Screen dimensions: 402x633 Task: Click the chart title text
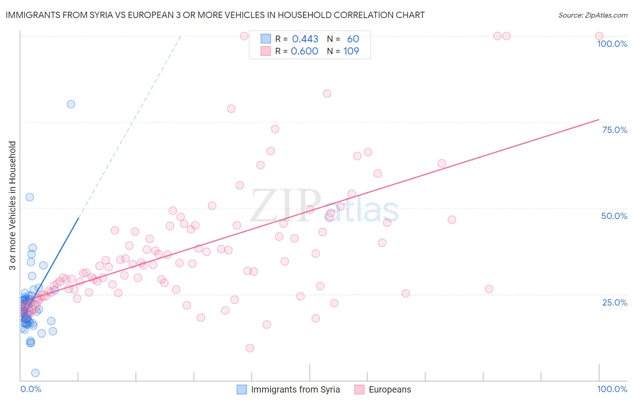[x=215, y=15]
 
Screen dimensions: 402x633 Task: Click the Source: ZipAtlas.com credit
[x=592, y=15]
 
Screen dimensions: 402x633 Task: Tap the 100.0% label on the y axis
[x=612, y=44]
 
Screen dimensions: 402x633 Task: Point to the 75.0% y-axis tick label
[x=615, y=130]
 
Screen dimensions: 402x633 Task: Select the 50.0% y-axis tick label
[x=614, y=216]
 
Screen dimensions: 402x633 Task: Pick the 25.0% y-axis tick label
[x=615, y=302]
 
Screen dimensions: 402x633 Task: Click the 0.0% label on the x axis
[x=31, y=389]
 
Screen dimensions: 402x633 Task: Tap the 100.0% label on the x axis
[x=612, y=389]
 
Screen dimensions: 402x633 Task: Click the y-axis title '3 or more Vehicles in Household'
[x=12, y=206]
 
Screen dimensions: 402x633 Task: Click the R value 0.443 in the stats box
[x=305, y=39]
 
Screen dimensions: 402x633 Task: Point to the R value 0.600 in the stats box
[x=304, y=51]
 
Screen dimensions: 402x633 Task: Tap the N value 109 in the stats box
[x=351, y=51]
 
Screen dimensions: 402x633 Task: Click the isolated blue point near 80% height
[x=71, y=104]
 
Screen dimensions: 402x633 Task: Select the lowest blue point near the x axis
[x=35, y=373]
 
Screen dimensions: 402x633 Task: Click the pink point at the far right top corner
[x=599, y=36]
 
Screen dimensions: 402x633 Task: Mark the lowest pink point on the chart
[x=250, y=348]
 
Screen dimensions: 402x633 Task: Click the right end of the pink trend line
[x=599, y=119]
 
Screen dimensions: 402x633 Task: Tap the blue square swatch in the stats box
[x=266, y=39]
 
